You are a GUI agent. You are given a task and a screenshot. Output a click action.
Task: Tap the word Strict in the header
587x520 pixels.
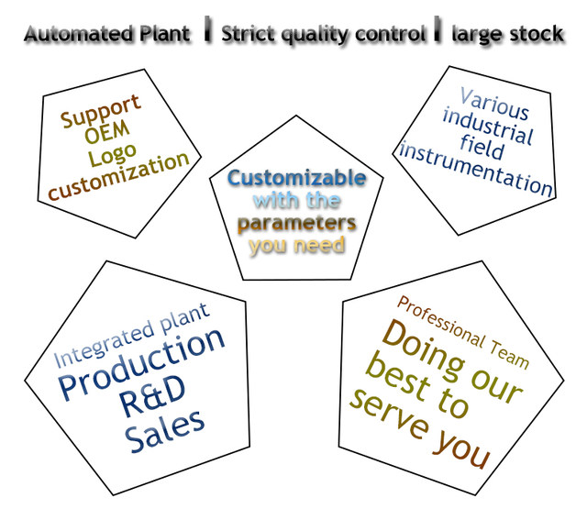(248, 35)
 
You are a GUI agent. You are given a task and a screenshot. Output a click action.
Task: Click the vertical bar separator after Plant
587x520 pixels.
(208, 33)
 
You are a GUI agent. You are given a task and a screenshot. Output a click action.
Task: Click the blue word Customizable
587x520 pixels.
(296, 178)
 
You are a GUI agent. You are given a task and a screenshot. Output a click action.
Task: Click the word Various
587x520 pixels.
(494, 104)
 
